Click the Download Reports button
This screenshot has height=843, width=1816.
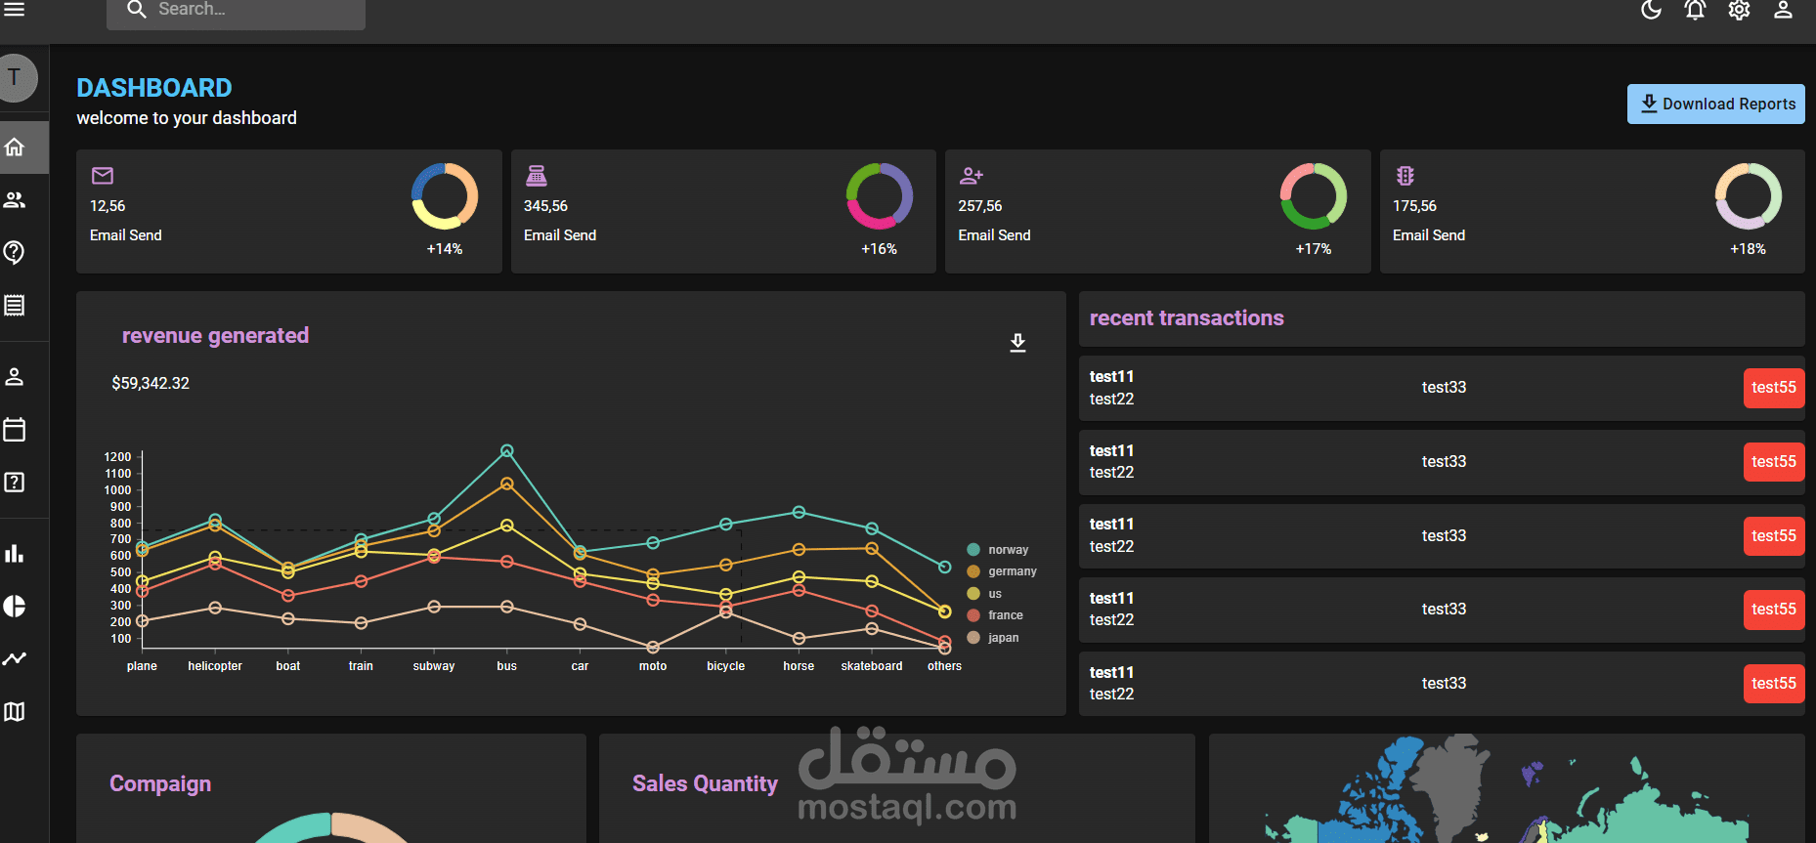(1715, 104)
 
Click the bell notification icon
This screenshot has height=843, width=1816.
(1695, 10)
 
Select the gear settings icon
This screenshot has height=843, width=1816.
(1739, 10)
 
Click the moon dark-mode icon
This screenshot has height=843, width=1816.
(1651, 10)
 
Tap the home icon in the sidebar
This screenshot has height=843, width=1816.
(15, 148)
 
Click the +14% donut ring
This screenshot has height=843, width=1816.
(445, 196)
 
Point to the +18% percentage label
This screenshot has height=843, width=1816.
(1748, 249)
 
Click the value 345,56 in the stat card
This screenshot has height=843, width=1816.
(545, 206)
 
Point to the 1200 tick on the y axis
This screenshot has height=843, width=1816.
(117, 457)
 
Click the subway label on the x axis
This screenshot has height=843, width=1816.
(434, 666)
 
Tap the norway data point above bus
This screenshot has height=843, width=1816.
(507, 451)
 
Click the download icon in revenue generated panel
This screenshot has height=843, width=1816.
(1017, 343)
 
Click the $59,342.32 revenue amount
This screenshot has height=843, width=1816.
(151, 383)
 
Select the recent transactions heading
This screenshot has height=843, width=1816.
(1187, 318)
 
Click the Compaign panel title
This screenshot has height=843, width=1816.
(160, 783)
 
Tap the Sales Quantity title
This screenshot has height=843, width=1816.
(705, 783)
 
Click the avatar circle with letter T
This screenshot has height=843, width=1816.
(15, 78)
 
